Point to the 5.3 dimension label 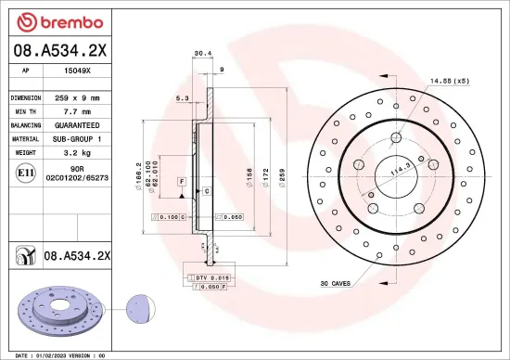tap(182, 97)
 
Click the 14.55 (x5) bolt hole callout tap(450, 82)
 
